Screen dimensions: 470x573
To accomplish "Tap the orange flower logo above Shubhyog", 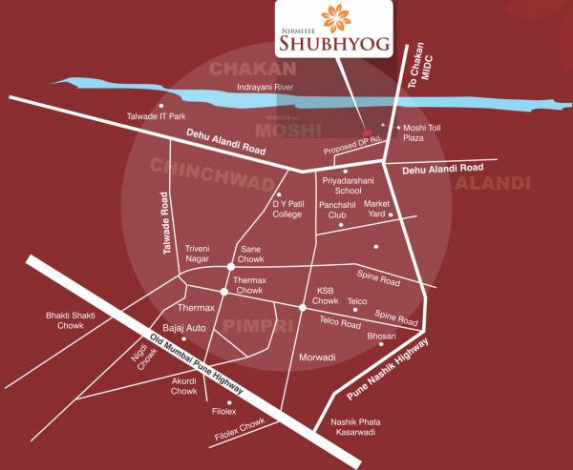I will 335,18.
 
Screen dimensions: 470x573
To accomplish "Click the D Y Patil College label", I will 286,209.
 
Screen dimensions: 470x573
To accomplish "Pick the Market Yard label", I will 377,209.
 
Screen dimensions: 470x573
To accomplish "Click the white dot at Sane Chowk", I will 230,266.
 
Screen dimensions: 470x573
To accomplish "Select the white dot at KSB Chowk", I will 303,307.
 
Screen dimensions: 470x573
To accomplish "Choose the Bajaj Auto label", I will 185,328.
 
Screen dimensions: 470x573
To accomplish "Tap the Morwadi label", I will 316,357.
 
